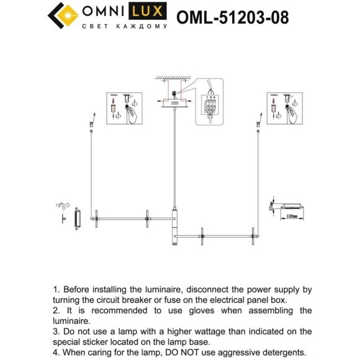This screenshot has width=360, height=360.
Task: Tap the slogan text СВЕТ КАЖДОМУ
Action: tap(124, 27)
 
